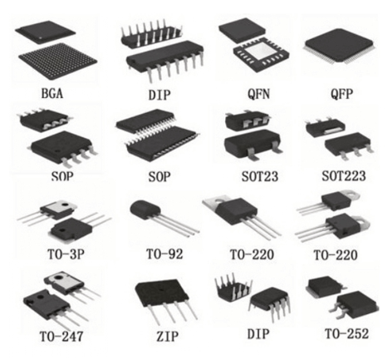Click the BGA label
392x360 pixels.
pos(52,93)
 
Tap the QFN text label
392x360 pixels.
pos(258,94)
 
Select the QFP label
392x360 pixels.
pos(342,94)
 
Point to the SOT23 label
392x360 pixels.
pos(260,176)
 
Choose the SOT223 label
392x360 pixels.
pos(344,175)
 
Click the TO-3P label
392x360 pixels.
pos(66,254)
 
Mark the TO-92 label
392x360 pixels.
pos(164,254)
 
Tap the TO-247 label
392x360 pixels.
pos(61,336)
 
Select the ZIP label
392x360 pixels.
pos(167,336)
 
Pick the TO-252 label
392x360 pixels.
pos(346,333)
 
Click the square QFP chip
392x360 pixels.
pos(341,46)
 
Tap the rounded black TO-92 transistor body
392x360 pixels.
pos(145,212)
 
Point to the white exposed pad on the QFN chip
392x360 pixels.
pos(262,52)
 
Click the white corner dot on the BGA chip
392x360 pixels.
pos(41,37)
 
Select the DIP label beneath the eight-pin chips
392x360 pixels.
pos(257,334)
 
